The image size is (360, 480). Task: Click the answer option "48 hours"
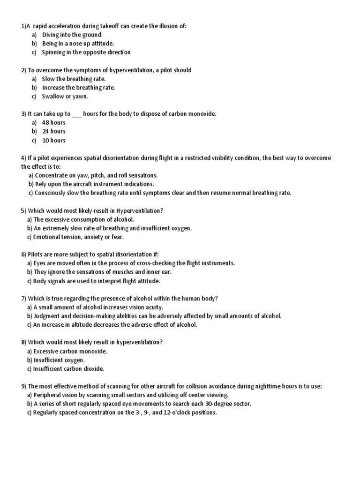[x=53, y=122]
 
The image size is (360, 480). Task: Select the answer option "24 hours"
[x=53, y=131]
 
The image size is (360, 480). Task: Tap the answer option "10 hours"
[x=53, y=140]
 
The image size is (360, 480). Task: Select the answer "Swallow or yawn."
[x=65, y=96]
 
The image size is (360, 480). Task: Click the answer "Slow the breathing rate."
[x=74, y=79]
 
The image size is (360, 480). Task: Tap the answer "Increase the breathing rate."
[x=78, y=87]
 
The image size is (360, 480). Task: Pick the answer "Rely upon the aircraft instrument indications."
[x=93, y=184]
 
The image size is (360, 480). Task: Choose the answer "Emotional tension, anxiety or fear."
[x=78, y=237]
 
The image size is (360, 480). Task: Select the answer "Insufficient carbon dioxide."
[x=68, y=368]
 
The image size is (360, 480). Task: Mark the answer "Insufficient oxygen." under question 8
[x=59, y=360]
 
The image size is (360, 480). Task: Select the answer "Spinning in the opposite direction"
[x=86, y=52]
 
